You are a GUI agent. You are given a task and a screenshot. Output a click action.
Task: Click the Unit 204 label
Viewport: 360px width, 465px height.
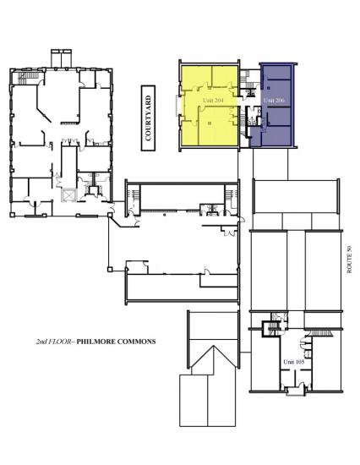pyautogui.click(x=213, y=101)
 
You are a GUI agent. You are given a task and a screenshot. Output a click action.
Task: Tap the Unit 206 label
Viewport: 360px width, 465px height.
pyautogui.click(x=274, y=101)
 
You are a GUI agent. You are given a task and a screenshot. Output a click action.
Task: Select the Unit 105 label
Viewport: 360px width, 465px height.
pyautogui.click(x=294, y=362)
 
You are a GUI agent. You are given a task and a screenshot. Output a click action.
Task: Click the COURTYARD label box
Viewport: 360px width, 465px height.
pyautogui.click(x=148, y=118)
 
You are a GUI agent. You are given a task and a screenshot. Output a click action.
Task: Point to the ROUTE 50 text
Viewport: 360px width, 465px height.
pyautogui.click(x=349, y=260)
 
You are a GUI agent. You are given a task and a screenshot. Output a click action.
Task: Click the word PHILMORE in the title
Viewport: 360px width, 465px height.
pyautogui.click(x=95, y=342)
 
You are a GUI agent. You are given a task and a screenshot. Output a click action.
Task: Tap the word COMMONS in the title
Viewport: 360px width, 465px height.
pyautogui.click(x=136, y=342)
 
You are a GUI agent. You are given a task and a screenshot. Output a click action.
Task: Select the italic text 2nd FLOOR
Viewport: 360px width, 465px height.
pyautogui.click(x=53, y=342)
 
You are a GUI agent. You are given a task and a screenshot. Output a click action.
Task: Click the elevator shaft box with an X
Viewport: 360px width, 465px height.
pyautogui.click(x=68, y=196)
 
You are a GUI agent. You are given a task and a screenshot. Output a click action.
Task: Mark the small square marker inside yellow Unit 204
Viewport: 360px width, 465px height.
pyautogui.click(x=210, y=123)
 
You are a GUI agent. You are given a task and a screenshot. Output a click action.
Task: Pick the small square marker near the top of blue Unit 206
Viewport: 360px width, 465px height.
pyautogui.click(x=269, y=88)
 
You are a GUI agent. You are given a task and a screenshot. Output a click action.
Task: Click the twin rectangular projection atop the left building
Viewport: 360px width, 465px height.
pyautogui.click(x=62, y=58)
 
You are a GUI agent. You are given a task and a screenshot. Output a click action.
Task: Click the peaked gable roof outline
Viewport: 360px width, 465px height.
pyautogui.click(x=214, y=357)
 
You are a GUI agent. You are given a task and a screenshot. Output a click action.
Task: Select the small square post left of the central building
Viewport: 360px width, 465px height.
pyautogui.click(x=110, y=270)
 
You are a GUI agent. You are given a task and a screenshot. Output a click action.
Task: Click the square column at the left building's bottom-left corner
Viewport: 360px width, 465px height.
pyautogui.click(x=13, y=215)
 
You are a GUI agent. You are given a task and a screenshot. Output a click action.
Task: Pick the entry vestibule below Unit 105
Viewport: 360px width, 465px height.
pyautogui.click(x=296, y=391)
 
